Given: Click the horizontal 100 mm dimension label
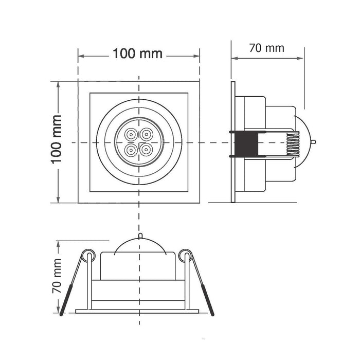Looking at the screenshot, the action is (x=137, y=53).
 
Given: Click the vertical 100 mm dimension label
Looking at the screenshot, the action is (x=56, y=139).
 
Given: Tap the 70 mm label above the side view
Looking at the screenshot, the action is (x=267, y=48).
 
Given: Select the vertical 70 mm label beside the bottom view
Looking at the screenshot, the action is (x=57, y=276).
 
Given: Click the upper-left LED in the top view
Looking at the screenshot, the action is (x=131, y=134).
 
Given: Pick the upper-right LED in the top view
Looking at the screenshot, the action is (x=147, y=134).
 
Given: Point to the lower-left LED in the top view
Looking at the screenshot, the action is (x=131, y=150).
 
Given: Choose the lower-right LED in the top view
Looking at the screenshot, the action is (x=147, y=150).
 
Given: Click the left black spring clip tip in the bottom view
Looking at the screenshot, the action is (x=66, y=300).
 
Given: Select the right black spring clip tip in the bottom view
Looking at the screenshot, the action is (x=208, y=300).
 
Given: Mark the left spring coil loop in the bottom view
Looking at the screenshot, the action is (x=88, y=255).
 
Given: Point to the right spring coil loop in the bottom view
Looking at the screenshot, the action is (x=186, y=255).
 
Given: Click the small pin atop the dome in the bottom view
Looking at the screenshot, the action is (x=140, y=236).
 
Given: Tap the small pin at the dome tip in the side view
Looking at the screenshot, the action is (x=313, y=142).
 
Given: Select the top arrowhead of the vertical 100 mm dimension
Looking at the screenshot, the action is (x=58, y=84).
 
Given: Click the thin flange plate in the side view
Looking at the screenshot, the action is (x=233, y=142).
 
